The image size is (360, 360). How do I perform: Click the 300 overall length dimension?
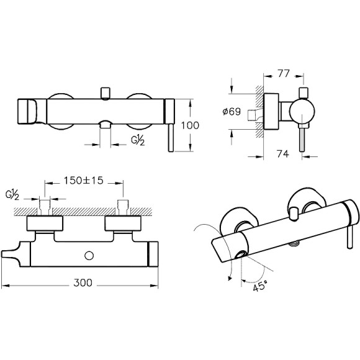point(83,282)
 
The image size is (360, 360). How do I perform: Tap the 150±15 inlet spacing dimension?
point(84,181)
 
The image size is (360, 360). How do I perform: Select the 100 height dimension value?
point(190,125)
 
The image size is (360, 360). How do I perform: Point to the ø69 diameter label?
point(232,112)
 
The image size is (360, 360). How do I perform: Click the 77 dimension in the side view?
point(284,73)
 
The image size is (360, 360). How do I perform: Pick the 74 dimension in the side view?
point(283,154)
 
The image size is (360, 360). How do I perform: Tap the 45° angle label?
point(261,286)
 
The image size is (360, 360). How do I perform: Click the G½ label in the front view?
point(138,140)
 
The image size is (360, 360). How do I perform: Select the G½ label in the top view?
point(12,195)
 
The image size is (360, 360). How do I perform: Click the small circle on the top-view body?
point(89,256)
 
